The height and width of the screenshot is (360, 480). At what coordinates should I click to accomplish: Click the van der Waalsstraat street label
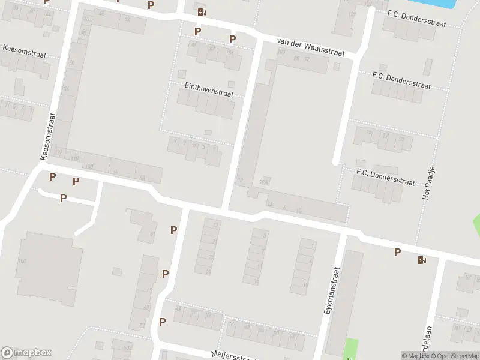(310, 47)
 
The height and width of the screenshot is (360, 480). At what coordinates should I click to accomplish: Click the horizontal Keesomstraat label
(25, 51)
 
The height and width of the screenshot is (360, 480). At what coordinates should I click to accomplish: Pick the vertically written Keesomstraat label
(48, 136)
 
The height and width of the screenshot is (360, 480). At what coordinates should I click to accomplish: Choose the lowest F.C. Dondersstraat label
(385, 177)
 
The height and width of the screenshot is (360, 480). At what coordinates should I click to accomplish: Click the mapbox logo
(26, 353)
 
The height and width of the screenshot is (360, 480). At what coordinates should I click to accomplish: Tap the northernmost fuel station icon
(202, 11)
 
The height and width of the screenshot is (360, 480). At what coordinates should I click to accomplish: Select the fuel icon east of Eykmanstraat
(422, 260)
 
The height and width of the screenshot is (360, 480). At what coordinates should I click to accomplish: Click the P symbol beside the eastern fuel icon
(397, 253)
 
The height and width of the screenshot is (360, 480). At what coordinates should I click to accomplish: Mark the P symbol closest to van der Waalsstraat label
(233, 40)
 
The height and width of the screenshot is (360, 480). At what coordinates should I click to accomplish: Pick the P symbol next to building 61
(173, 230)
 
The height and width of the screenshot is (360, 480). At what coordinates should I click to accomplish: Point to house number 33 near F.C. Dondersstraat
(401, 139)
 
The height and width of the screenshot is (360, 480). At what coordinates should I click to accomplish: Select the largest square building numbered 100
(49, 261)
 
